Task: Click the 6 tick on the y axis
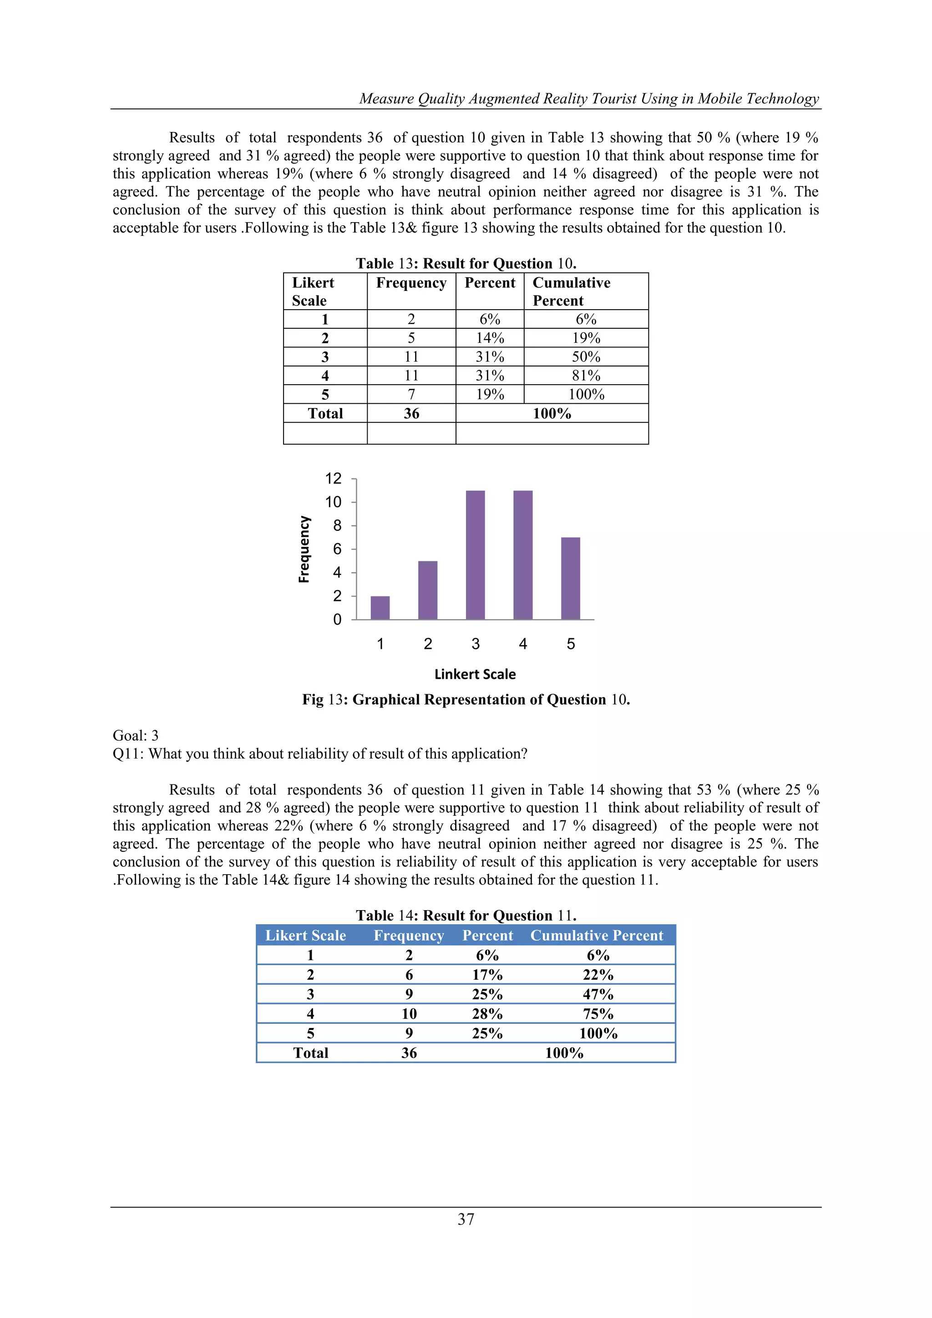click(x=338, y=550)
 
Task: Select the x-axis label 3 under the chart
click(x=475, y=644)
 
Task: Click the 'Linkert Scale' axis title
click(x=475, y=675)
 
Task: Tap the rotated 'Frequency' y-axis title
click(x=304, y=550)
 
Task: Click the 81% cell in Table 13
click(x=586, y=376)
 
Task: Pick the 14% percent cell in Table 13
click(x=490, y=338)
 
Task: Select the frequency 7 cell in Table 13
click(x=411, y=395)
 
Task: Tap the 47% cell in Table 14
click(x=598, y=994)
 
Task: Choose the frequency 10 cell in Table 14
click(x=409, y=1014)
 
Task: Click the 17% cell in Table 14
click(x=487, y=975)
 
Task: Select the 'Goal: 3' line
click(x=136, y=736)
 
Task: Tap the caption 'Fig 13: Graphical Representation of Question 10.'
click(x=466, y=700)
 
